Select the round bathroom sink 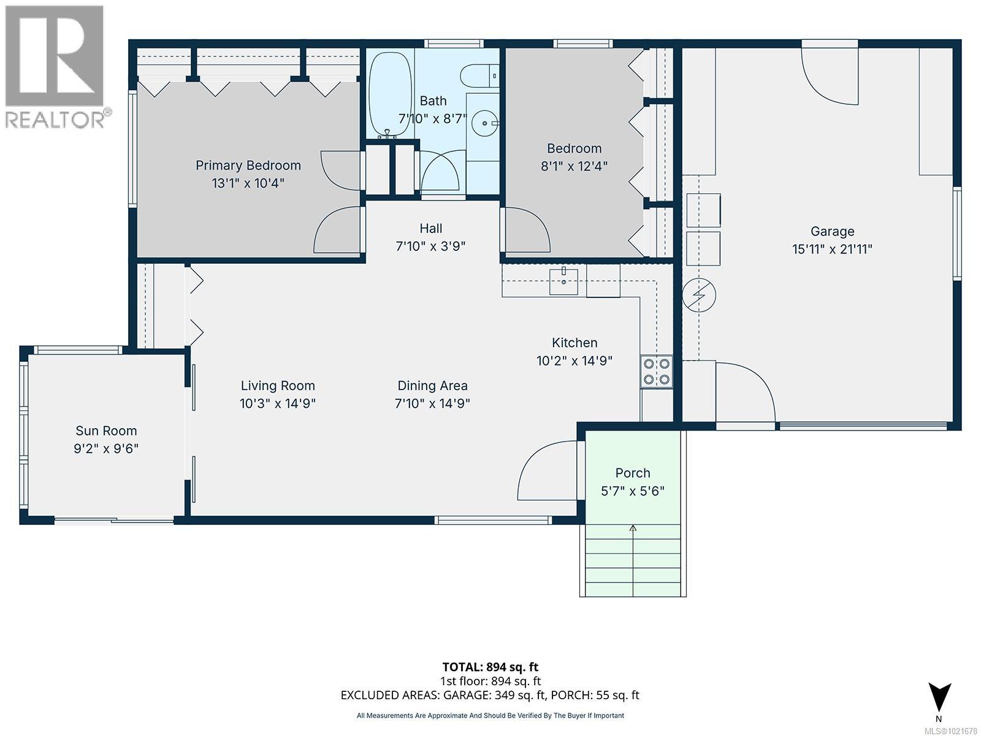coord(484,123)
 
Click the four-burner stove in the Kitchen coord(657,371)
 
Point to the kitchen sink coord(563,282)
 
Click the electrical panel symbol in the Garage coord(699,296)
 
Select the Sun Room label coord(106,431)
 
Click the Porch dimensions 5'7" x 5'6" coord(633,491)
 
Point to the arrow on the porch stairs coord(633,527)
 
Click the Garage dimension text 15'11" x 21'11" coord(832,249)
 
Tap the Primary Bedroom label coord(248,165)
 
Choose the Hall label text coord(430,228)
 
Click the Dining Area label coord(432,386)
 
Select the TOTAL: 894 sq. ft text coord(490,667)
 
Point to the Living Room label coord(277,386)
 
